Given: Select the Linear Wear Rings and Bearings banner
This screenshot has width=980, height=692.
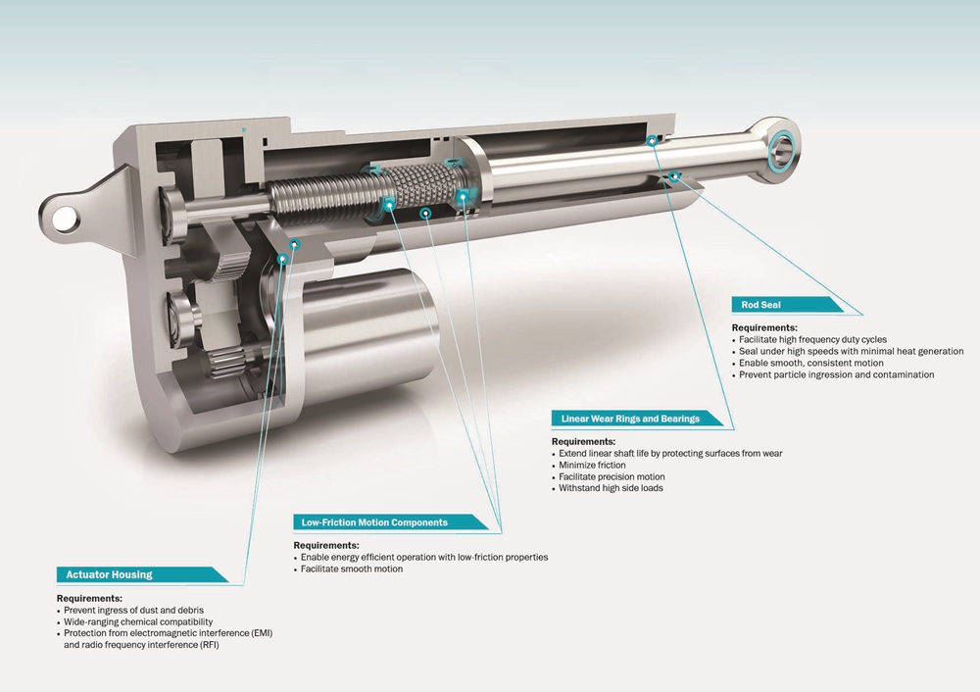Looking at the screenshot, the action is tap(637, 419).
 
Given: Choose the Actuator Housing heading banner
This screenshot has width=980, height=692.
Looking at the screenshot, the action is tap(142, 574).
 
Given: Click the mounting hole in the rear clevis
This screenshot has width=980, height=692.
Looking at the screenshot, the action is tap(65, 220).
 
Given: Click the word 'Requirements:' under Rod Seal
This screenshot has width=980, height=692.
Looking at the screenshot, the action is tap(764, 327).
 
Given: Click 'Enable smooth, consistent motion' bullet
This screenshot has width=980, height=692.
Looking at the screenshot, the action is tap(810, 364).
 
